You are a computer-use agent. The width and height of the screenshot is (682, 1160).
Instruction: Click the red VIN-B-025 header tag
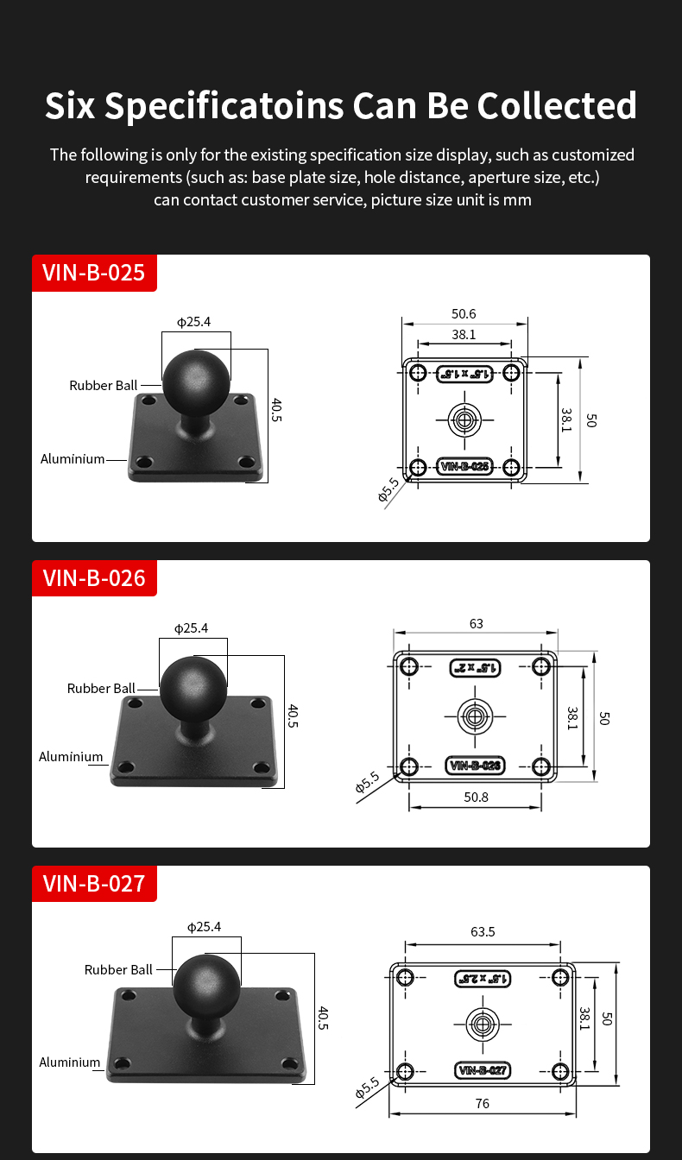point(94,273)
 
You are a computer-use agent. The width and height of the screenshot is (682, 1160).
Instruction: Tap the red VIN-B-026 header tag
point(94,577)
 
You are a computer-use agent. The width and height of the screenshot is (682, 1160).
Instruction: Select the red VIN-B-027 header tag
point(94,883)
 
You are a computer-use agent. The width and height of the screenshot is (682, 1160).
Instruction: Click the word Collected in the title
point(557,105)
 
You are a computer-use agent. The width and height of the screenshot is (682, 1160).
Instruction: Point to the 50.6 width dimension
point(464,314)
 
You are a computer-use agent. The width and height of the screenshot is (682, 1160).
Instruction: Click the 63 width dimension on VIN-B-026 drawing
point(476,623)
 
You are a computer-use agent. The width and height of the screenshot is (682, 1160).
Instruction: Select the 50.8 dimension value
point(476,797)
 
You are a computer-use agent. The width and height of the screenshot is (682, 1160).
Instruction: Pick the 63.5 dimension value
point(483,932)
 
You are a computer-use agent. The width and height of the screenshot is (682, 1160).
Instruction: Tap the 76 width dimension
point(482,1103)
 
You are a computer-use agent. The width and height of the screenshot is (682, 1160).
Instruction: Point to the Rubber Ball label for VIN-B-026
point(101,688)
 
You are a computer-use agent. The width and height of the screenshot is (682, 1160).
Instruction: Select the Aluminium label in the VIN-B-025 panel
point(73,459)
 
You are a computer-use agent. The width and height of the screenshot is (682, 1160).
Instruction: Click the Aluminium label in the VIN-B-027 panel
point(70,1062)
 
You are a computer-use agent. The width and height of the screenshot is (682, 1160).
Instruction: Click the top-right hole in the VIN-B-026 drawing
point(542,666)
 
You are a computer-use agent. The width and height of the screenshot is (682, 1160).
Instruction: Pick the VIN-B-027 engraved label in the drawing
point(483,1071)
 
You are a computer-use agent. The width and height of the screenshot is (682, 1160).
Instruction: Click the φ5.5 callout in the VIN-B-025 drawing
point(388,489)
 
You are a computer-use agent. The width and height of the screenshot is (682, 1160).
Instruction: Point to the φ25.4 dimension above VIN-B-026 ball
point(191,628)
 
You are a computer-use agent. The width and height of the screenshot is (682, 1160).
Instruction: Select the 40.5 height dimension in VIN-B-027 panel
point(323,1018)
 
